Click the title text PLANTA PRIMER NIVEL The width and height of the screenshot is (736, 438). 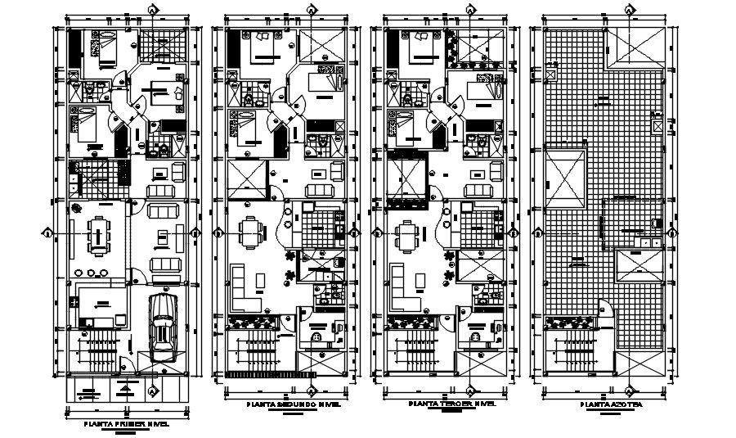[x=126, y=424]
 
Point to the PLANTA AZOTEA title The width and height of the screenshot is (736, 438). [x=606, y=404]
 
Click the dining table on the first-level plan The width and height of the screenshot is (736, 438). [x=98, y=234]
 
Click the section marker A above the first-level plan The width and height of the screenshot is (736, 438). [x=153, y=9]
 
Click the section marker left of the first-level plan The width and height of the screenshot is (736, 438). [x=47, y=233]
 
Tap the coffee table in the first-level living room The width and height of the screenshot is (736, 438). [x=161, y=237]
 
